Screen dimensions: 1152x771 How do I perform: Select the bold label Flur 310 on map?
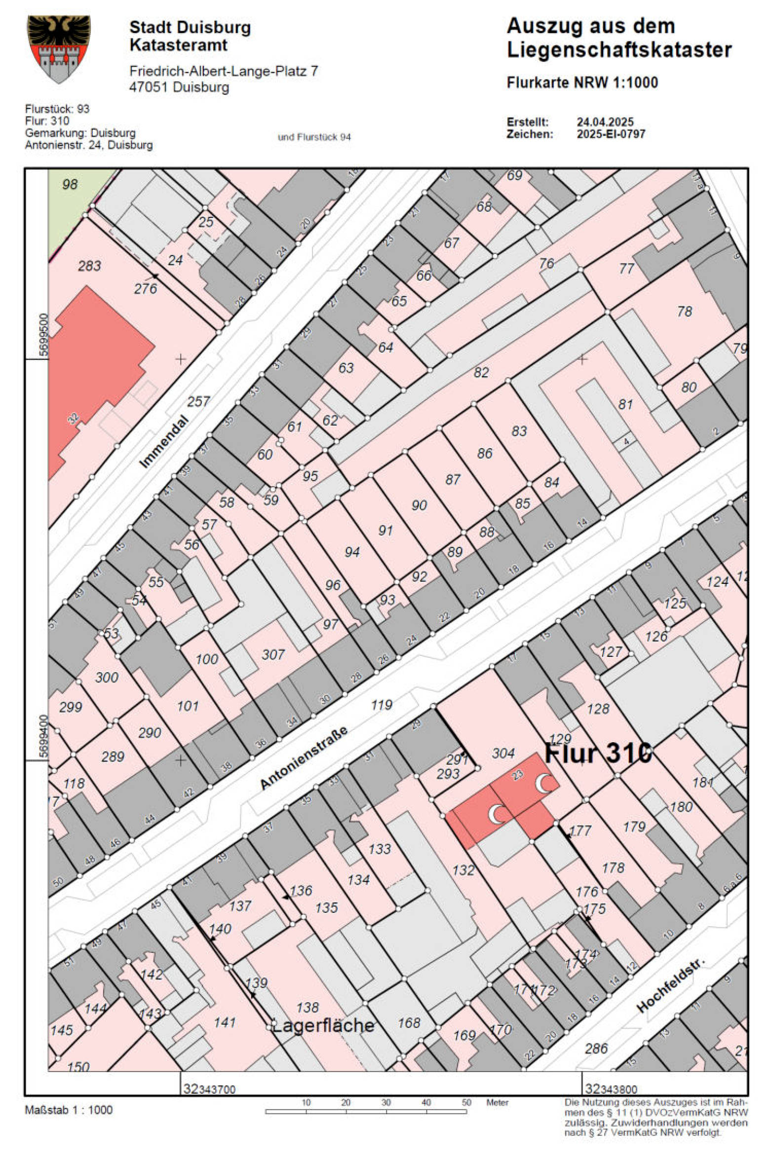tap(598, 754)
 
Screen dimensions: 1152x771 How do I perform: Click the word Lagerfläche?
tap(323, 1025)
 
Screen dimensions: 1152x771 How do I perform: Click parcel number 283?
tap(89, 266)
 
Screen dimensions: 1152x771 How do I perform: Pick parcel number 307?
tap(272, 654)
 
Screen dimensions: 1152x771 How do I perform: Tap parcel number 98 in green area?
tap(70, 184)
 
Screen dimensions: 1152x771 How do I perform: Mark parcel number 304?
tap(503, 753)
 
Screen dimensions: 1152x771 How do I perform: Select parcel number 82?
tap(481, 372)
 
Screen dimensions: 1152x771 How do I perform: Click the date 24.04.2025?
tap(605, 122)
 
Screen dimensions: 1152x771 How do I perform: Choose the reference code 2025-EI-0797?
tap(611, 134)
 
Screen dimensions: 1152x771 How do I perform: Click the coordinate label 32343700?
tap(209, 1088)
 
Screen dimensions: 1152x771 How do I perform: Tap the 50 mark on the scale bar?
tap(466, 1102)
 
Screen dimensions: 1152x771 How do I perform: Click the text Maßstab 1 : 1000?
tap(69, 1110)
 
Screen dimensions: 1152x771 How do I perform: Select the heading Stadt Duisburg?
tap(190, 27)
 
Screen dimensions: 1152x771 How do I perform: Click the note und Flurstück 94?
tap(314, 137)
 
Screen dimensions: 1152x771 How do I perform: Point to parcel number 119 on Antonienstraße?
tap(381, 705)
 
